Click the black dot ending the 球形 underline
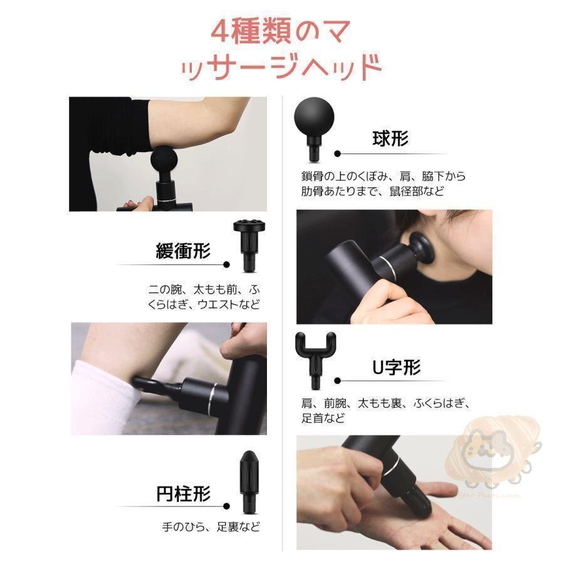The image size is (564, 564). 337,154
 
